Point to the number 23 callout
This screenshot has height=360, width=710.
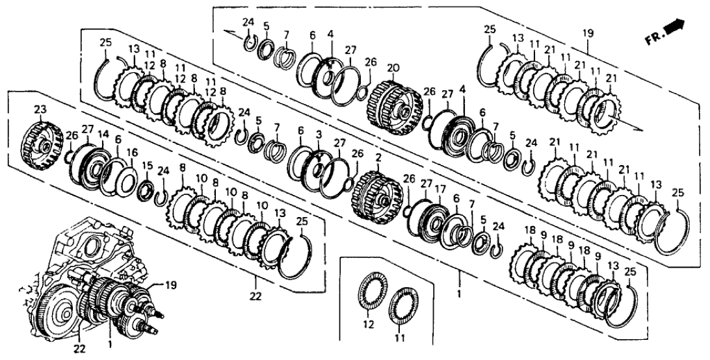40,111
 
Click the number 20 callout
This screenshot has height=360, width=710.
392,68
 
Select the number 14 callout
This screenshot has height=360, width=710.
101,134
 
